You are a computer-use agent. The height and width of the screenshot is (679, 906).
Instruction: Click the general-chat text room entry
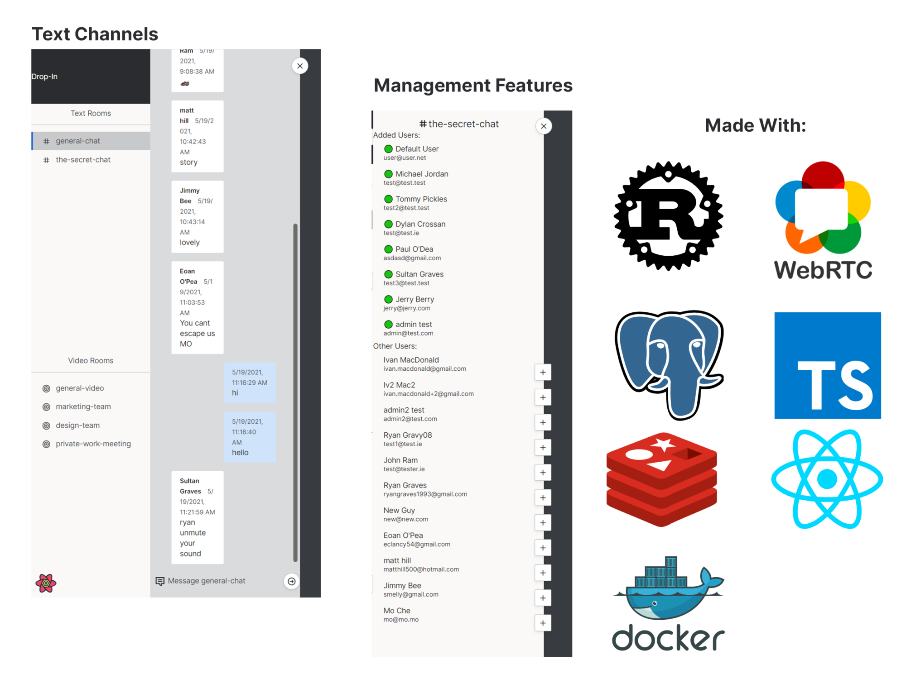click(78, 141)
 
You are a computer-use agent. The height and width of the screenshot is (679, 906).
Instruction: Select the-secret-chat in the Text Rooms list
click(83, 160)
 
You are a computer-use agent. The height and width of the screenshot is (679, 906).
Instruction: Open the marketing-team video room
click(83, 406)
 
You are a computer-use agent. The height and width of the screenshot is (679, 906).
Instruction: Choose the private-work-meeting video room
click(93, 444)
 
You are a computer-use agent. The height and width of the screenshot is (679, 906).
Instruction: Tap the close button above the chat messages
click(300, 66)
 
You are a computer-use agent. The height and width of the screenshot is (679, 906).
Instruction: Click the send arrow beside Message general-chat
click(292, 581)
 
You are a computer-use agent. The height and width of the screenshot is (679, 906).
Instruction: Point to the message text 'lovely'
click(189, 243)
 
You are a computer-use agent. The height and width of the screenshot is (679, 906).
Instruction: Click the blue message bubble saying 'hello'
click(249, 437)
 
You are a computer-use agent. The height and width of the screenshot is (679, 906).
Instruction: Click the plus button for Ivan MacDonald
click(543, 373)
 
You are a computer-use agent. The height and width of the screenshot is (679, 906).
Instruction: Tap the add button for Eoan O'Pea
click(543, 548)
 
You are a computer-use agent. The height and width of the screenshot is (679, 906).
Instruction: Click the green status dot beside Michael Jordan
click(388, 174)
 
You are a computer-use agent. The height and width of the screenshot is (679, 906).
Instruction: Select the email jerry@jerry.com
click(407, 308)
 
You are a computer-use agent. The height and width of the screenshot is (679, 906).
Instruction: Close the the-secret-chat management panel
click(544, 126)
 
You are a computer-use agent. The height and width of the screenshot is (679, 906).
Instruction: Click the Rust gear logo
click(668, 216)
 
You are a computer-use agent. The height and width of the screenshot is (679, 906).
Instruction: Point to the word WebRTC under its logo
click(823, 270)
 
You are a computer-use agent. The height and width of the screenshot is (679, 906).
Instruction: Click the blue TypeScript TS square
click(827, 365)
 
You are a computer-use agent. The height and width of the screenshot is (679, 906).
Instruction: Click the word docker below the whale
click(668, 638)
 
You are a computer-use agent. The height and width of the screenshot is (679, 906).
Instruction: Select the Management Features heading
click(473, 86)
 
